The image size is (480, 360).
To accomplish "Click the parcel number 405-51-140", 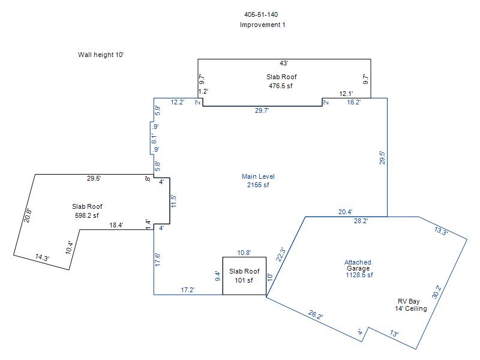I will (x=261, y=14).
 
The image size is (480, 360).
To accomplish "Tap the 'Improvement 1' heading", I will (x=262, y=25).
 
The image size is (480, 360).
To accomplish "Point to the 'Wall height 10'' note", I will (x=101, y=55).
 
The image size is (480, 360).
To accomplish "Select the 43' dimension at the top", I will (x=284, y=63).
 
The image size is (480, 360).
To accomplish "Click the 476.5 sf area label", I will (x=281, y=86).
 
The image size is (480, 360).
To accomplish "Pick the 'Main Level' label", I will (x=258, y=176).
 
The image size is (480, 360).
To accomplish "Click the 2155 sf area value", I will (x=258, y=185).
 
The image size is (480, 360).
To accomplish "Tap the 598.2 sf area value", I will (x=87, y=215).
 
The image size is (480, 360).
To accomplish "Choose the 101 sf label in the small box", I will (x=244, y=280).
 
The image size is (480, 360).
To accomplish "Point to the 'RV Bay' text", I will (x=411, y=301).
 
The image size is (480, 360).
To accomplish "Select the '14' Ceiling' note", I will (x=411, y=309).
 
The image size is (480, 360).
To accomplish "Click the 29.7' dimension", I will (x=262, y=110).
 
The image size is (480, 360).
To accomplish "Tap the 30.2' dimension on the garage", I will (x=437, y=292).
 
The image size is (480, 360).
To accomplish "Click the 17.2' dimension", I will (x=188, y=290).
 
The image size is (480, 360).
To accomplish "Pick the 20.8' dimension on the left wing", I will (x=27, y=215).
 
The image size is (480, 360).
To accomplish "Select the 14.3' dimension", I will (x=42, y=257).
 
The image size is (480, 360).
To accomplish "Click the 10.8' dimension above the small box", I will (x=244, y=253).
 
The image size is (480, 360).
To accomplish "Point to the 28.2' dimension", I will (x=361, y=221).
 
